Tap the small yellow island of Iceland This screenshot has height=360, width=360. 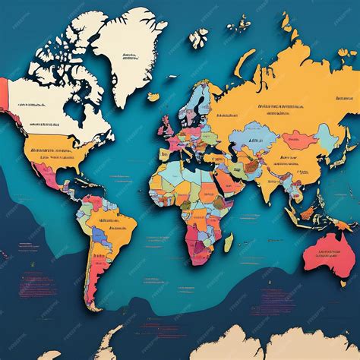pyautogui.click(x=154, y=96)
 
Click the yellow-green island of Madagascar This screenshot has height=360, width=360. pyautogui.click(x=228, y=243)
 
